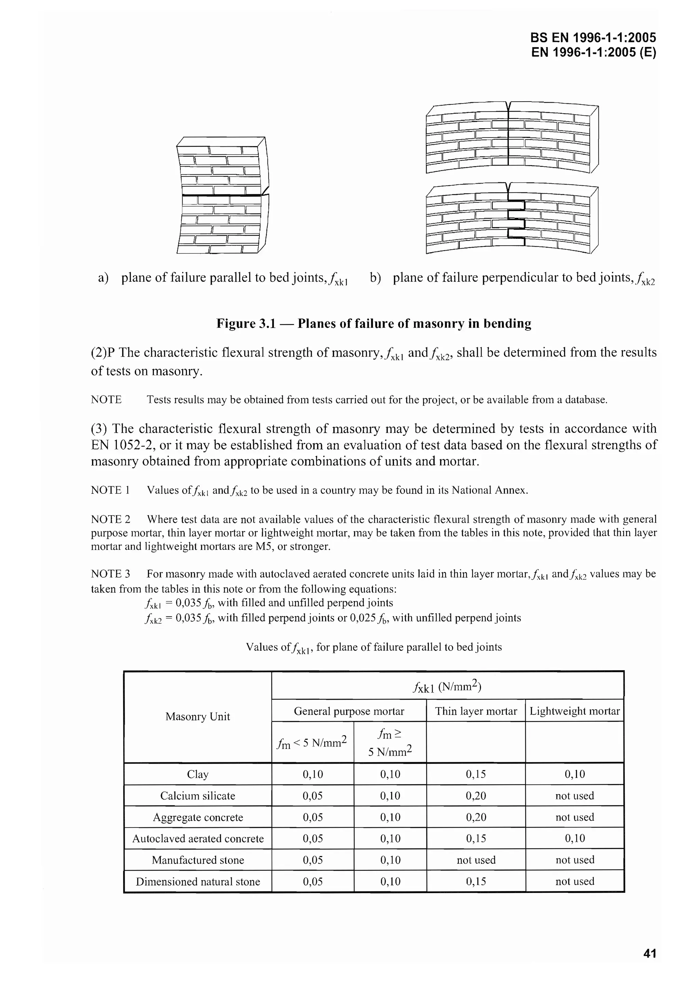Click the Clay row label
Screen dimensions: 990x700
[x=198, y=775]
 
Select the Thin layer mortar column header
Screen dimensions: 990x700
[x=476, y=711]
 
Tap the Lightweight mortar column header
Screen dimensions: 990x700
[x=575, y=711]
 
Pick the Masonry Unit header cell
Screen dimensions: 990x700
[x=198, y=717]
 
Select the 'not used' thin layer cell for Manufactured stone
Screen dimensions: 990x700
[x=476, y=860]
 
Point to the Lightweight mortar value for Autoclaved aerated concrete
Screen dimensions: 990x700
[x=575, y=838]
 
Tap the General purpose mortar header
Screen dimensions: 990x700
[x=349, y=711]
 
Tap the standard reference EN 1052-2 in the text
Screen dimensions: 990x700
[x=124, y=445]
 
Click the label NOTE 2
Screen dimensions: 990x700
[x=110, y=519]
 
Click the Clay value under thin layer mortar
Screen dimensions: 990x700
[x=476, y=775]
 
